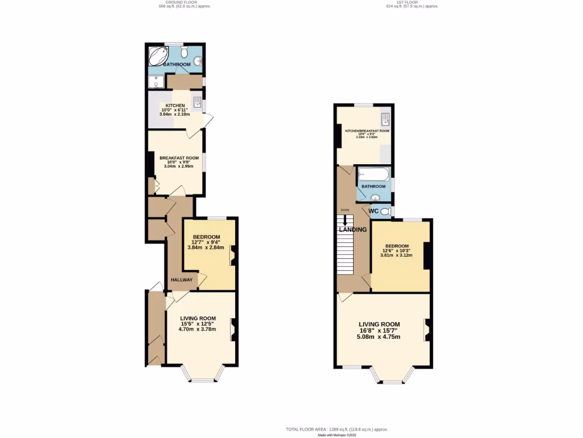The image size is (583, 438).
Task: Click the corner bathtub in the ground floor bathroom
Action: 158,55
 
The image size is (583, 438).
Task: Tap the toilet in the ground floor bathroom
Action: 184,52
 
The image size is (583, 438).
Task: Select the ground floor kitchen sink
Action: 197,103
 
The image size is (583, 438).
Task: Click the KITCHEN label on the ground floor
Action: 175,106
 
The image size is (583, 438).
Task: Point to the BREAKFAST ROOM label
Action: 179,158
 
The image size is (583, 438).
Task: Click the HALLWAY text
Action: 182,279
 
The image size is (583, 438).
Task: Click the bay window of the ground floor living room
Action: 202,374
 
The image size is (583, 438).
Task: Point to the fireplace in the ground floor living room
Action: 233,330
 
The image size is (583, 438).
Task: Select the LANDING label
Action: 353,230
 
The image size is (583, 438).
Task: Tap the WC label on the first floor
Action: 373,211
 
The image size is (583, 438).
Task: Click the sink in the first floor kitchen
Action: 386,119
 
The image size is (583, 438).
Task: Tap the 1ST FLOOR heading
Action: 412,2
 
